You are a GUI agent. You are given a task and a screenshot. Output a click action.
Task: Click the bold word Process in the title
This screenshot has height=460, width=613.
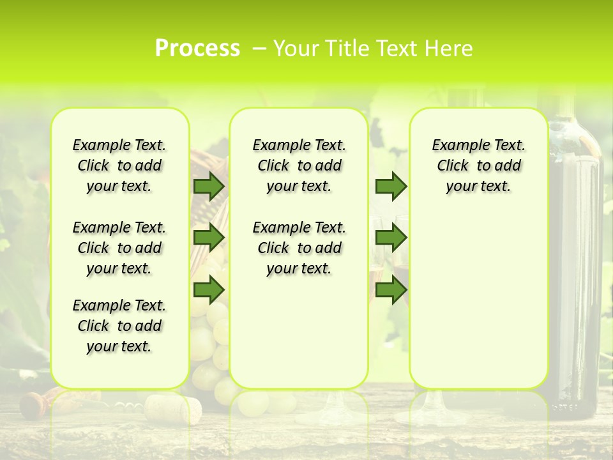197,49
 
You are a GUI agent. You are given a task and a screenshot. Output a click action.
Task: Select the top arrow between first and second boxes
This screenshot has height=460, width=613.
208,186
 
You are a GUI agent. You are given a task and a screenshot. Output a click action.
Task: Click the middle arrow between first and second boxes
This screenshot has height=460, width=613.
208,238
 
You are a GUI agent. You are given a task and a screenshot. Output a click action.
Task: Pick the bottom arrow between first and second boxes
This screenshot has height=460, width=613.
208,289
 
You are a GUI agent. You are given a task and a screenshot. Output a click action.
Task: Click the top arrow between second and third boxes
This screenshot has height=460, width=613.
391,186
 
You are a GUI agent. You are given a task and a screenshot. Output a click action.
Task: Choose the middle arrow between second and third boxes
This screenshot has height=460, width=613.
391,238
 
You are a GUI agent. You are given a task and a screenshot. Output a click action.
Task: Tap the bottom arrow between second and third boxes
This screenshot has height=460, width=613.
391,289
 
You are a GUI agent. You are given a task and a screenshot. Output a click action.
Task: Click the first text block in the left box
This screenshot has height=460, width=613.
119,165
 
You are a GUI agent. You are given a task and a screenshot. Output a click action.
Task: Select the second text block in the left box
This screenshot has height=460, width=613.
119,248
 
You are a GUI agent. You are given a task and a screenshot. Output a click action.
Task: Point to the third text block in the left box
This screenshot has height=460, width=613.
119,326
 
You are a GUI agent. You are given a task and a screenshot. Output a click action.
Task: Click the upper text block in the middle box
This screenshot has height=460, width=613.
299,165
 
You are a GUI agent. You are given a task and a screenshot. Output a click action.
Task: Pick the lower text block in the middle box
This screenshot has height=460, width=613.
299,248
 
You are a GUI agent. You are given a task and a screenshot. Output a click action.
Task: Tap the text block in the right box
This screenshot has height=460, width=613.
479,165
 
